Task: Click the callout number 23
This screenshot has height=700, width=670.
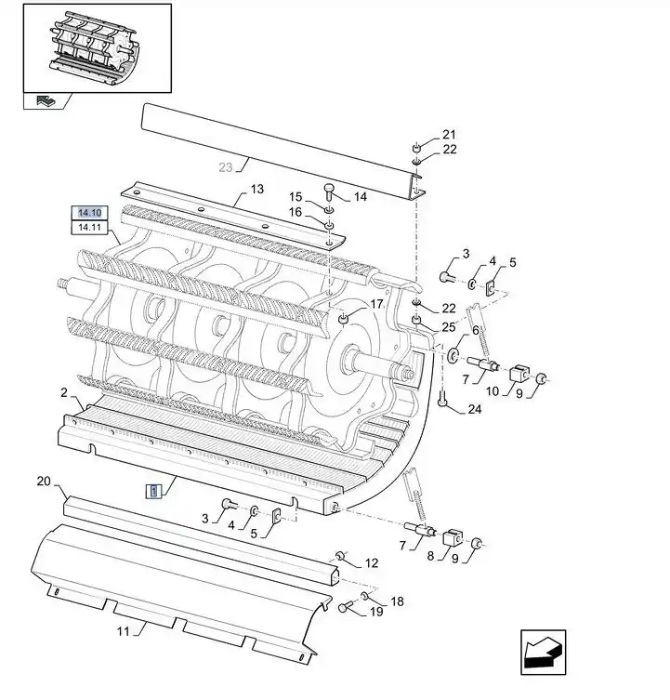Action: [x=226, y=167]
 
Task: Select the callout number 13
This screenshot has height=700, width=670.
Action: [x=257, y=190]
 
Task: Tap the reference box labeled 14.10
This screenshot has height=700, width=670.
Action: [x=90, y=213]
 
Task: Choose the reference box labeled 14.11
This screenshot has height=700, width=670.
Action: [x=90, y=227]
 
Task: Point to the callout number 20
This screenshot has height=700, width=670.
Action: [x=44, y=482]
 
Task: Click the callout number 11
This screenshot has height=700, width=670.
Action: [x=124, y=631]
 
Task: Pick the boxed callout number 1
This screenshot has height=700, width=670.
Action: [x=154, y=492]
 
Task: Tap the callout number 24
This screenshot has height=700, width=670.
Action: [x=475, y=409]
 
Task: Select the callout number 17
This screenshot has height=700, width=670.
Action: [x=377, y=304]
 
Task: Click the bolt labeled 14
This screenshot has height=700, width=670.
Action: [x=329, y=191]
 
